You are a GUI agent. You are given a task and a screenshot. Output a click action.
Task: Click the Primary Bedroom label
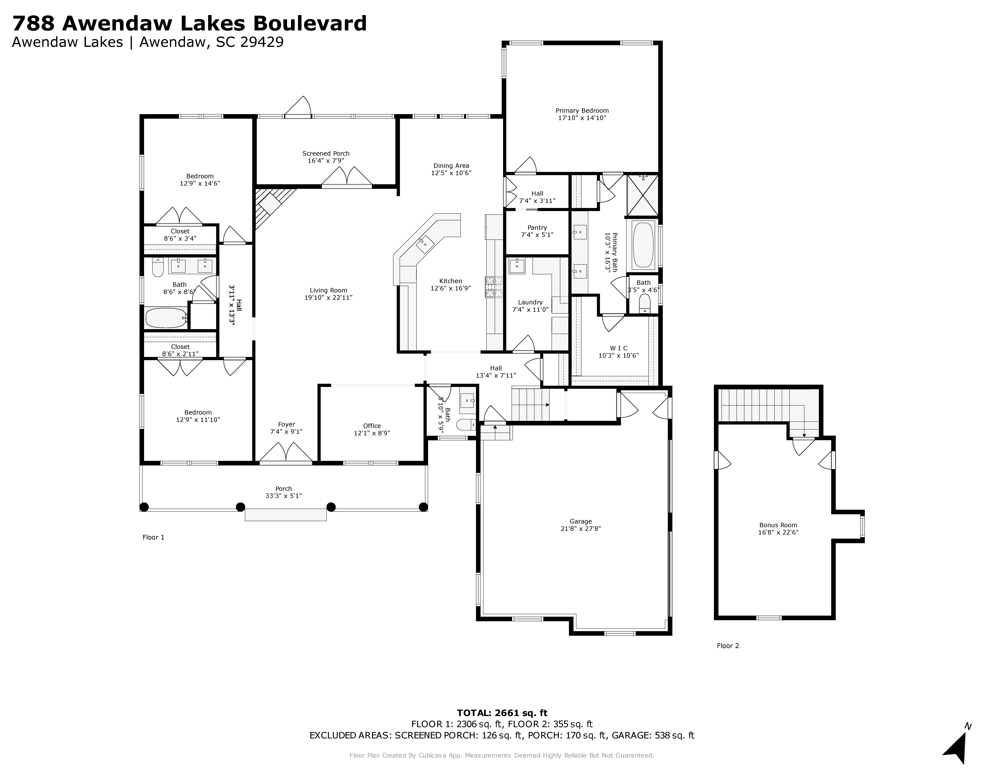[x=582, y=110]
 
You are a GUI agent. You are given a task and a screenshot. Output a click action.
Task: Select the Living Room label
[x=328, y=290]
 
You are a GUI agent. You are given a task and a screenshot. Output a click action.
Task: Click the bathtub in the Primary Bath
[x=644, y=245]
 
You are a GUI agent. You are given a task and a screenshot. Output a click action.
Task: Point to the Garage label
[x=581, y=521]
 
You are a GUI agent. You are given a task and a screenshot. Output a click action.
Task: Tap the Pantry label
[x=537, y=228]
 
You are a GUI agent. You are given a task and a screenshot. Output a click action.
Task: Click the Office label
[x=372, y=426]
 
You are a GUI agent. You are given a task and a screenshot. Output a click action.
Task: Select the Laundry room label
[x=530, y=302]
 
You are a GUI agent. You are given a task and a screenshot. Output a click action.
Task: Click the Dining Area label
[x=451, y=166]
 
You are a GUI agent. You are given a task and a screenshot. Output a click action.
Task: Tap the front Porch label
[x=284, y=489]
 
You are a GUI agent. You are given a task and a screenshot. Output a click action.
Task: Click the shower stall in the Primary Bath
[x=643, y=195]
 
